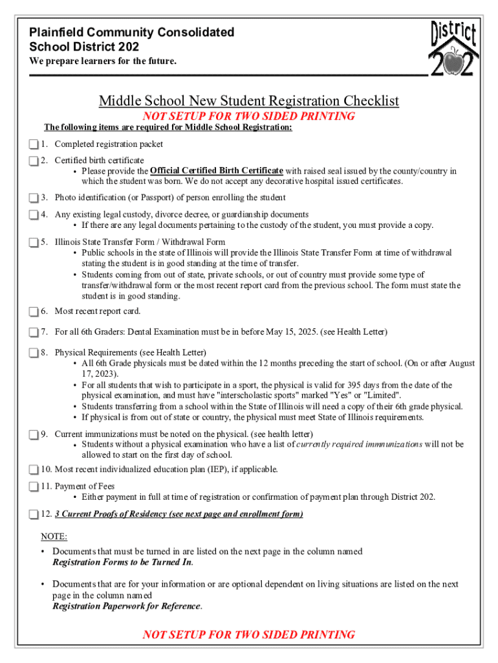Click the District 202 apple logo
pos(453,48)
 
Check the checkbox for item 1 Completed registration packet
pos(34,144)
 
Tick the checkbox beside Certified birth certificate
pos(34,161)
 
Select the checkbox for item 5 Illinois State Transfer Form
pos(34,242)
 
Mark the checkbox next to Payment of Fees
pos(34,486)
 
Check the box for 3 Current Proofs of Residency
pos(34,515)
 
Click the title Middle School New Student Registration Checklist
pos(248,101)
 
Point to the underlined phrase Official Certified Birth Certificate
pos(217,171)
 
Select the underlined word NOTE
pos(54,537)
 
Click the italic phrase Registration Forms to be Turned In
pos(122,562)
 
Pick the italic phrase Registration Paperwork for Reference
pos(127,606)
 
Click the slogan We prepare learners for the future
pos(102,62)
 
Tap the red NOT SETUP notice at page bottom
pos(248,635)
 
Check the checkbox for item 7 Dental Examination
pos(34,333)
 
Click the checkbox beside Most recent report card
pos(34,311)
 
